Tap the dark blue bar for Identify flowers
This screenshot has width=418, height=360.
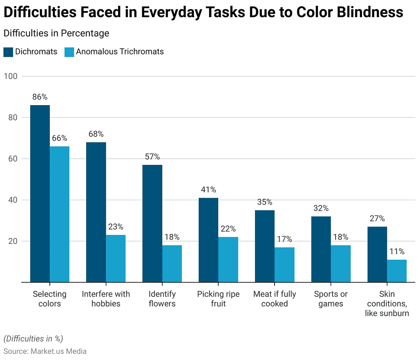(152, 223)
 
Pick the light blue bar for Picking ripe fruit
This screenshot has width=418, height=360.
(228, 259)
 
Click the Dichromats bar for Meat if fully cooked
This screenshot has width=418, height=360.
(265, 246)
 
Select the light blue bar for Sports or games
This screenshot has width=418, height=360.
(341, 263)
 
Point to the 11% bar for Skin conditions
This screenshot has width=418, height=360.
(397, 271)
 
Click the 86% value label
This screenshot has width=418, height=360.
(40, 97)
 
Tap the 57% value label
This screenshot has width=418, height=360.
(152, 157)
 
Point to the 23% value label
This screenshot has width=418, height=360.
(116, 227)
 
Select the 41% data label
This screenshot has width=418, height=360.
(208, 190)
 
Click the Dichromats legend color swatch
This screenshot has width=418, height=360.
(8, 52)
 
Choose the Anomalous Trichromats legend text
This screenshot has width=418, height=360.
(120, 52)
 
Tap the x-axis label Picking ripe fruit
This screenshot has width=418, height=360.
(218, 299)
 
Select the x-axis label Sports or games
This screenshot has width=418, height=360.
(331, 299)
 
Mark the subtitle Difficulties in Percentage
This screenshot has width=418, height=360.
(56, 33)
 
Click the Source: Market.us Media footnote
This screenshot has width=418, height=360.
(45, 351)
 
